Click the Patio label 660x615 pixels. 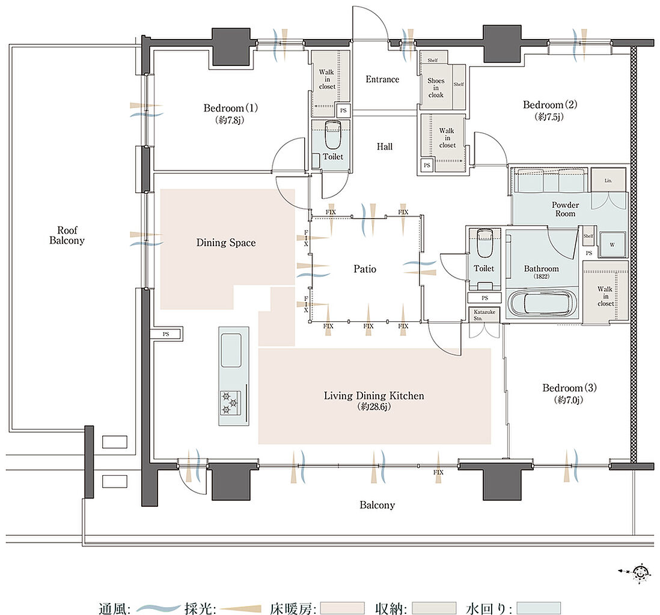pos(364,269)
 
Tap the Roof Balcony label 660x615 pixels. pos(67,235)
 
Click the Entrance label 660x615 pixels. pos(382,79)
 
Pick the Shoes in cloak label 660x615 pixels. pos(436,88)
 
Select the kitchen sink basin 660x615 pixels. pos(231,350)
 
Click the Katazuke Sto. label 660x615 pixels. pos(484,315)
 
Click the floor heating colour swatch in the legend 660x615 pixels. pos(342,608)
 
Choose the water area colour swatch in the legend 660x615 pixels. pos(539,608)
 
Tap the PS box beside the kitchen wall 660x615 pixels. pos(167,334)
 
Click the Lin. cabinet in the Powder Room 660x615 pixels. pos(608,180)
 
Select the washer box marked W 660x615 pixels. pos(612,244)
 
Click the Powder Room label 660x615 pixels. pos(565,209)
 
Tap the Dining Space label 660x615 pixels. pos(226,243)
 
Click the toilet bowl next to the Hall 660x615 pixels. pos(333,135)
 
